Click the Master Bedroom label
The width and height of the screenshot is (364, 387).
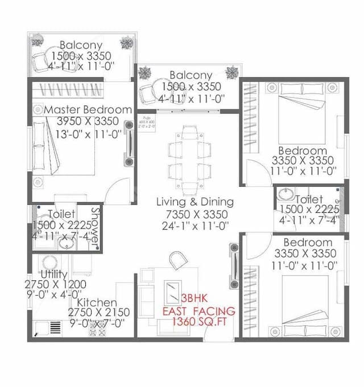click(x=88, y=110)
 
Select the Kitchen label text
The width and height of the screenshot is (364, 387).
click(x=97, y=302)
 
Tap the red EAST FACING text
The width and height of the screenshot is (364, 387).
click(x=198, y=311)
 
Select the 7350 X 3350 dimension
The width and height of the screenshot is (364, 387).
click(x=195, y=214)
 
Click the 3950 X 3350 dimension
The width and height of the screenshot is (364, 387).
click(x=88, y=121)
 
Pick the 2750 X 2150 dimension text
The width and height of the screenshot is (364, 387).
click(x=98, y=313)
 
